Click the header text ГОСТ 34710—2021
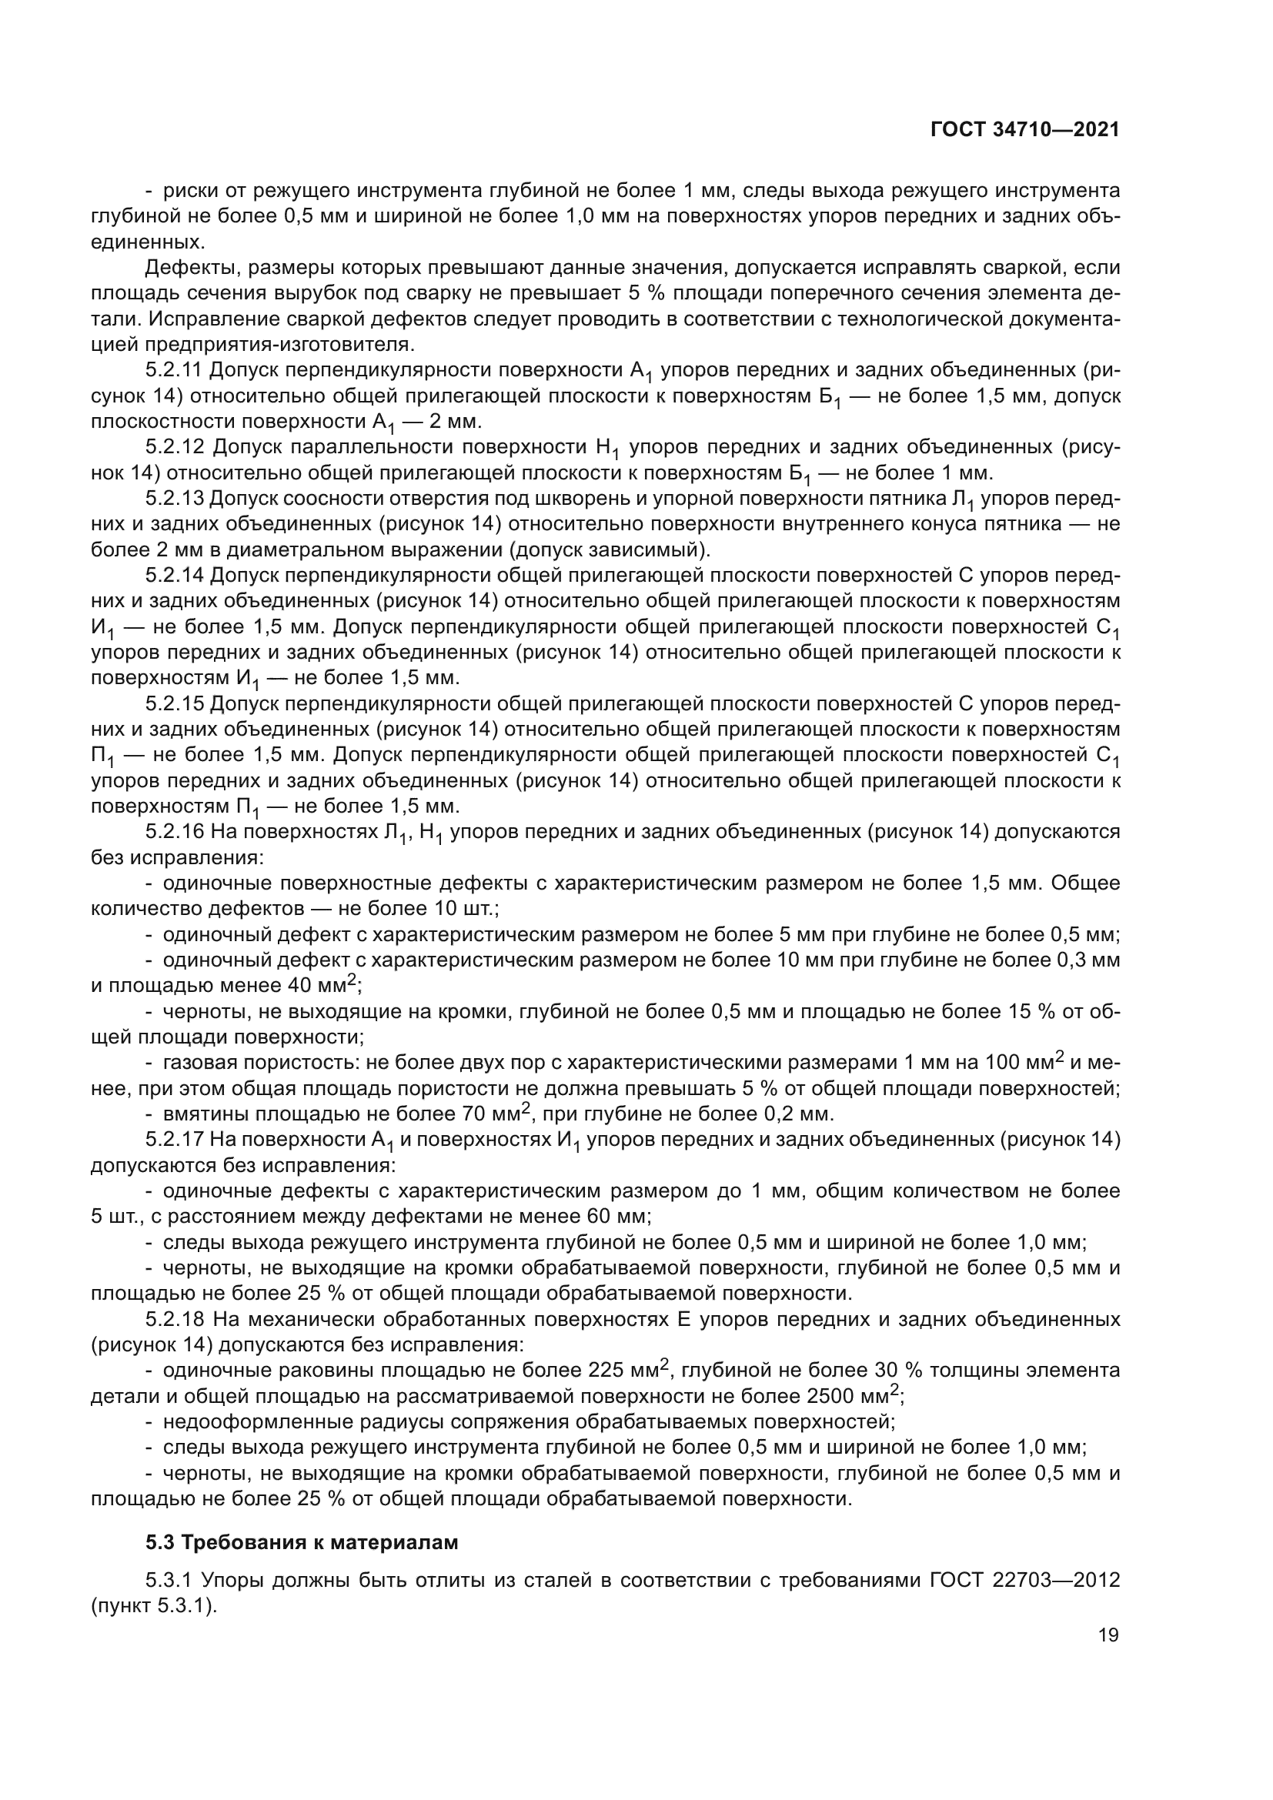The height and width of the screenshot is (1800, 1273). [1024, 130]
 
